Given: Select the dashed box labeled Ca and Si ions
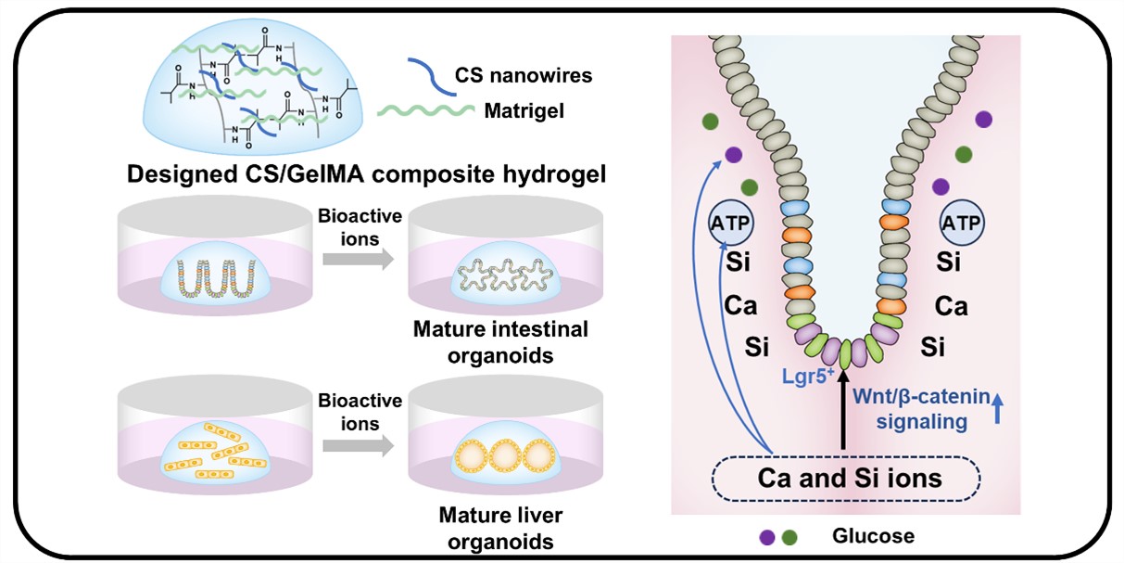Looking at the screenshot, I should click(845, 479).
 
